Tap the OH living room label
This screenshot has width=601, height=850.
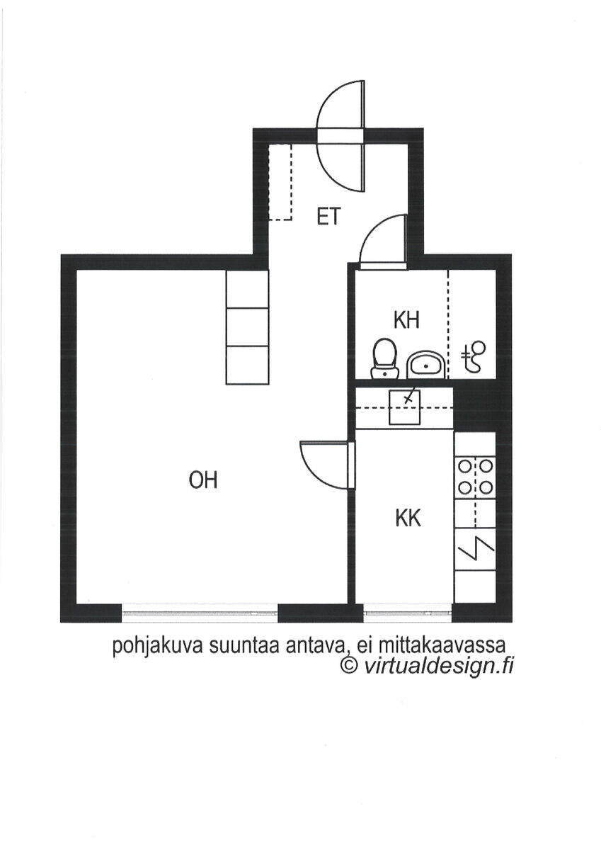pyautogui.click(x=203, y=480)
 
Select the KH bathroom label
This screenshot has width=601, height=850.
pyautogui.click(x=406, y=321)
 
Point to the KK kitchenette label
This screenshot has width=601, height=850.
pyautogui.click(x=408, y=518)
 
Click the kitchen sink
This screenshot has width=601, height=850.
pyautogui.click(x=405, y=408)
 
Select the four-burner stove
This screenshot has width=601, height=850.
pyautogui.click(x=476, y=476)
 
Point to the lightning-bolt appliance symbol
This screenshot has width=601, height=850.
pyautogui.click(x=476, y=549)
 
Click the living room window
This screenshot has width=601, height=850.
pyautogui.click(x=200, y=614)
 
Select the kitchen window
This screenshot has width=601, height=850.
pyautogui.click(x=407, y=614)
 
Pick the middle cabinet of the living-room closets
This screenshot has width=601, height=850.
pyautogui.click(x=247, y=327)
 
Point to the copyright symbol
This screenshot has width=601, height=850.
pyautogui.click(x=349, y=665)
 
